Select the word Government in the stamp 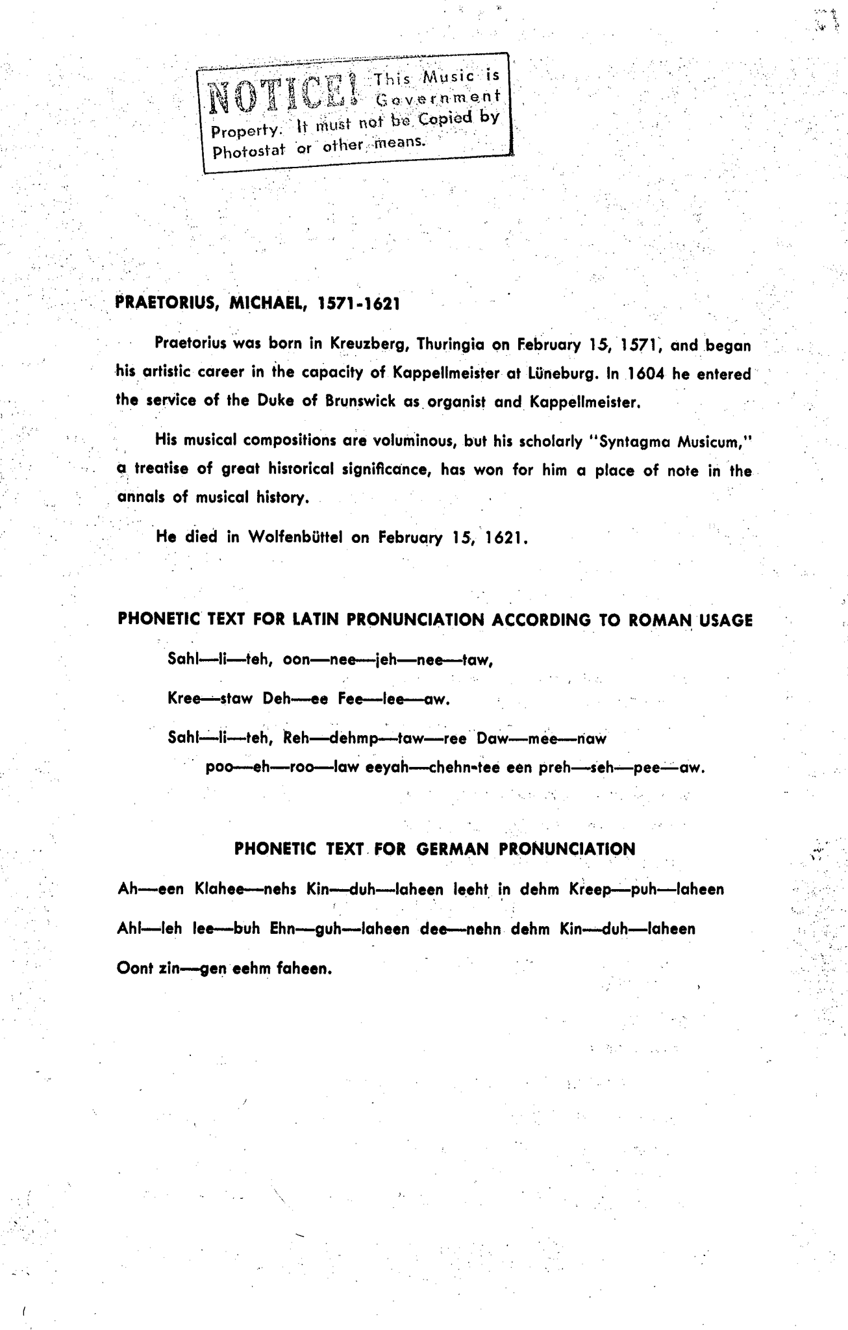click(439, 97)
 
